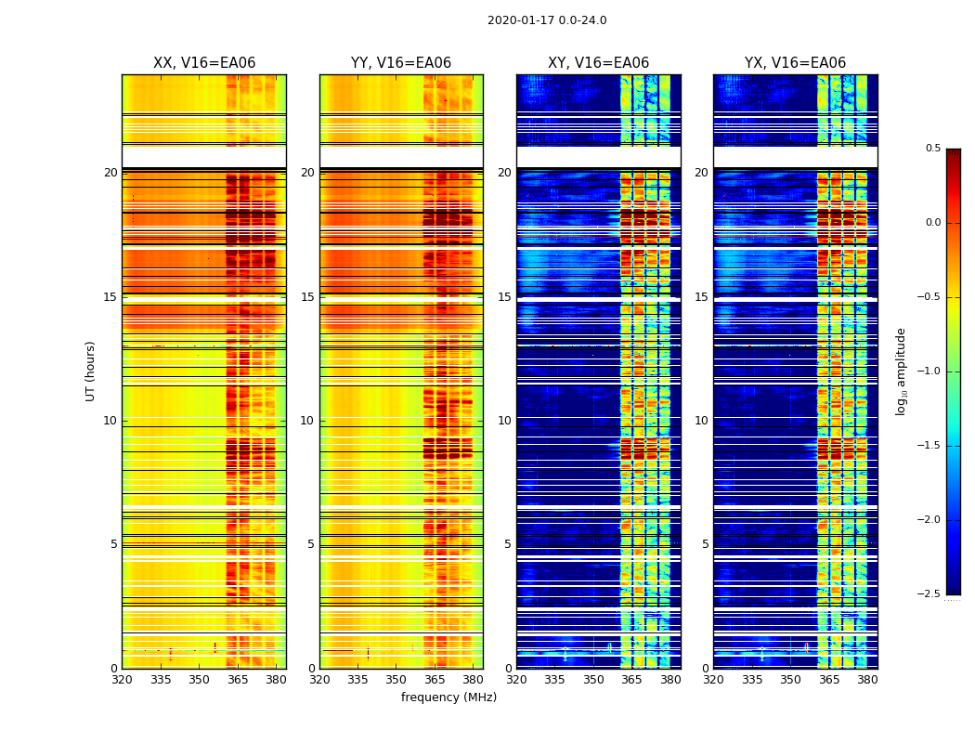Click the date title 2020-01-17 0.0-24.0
pyautogui.click(x=547, y=20)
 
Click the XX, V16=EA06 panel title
pyautogui.click(x=204, y=63)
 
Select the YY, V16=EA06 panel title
pyautogui.click(x=401, y=63)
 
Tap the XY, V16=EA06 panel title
pyautogui.click(x=598, y=63)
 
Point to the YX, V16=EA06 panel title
pyautogui.click(x=795, y=63)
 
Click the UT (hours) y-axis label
pyautogui.click(x=91, y=371)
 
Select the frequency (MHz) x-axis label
pyautogui.click(x=448, y=697)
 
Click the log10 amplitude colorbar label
pyautogui.click(x=901, y=371)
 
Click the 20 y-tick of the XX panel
pyautogui.click(x=110, y=173)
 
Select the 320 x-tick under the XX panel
pyautogui.click(x=122, y=679)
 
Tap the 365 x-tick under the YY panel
pyautogui.click(x=435, y=679)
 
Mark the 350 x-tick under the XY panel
pyautogui.click(x=593, y=679)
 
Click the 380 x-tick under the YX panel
pyautogui.click(x=867, y=679)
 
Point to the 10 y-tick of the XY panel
pyautogui.click(x=504, y=421)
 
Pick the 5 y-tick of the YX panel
pyautogui.click(x=705, y=544)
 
